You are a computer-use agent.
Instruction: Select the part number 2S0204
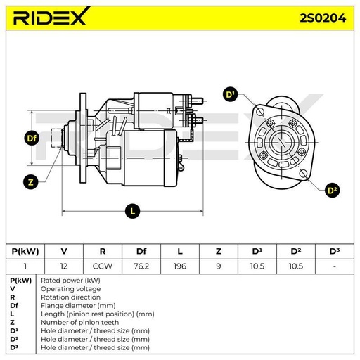click(x=323, y=18)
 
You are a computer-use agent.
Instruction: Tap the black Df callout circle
click(x=32, y=139)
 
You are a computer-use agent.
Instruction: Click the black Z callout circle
click(x=31, y=182)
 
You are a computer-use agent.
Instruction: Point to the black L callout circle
click(x=133, y=211)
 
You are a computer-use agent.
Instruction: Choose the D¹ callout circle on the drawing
click(x=230, y=94)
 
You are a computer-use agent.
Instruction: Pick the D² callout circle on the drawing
click(x=332, y=190)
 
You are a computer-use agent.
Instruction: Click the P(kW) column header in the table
click(x=25, y=251)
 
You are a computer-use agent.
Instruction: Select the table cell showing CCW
click(x=103, y=266)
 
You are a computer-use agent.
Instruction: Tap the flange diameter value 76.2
click(x=141, y=266)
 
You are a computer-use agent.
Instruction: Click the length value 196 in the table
click(x=180, y=266)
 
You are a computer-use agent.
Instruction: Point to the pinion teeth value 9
click(x=219, y=266)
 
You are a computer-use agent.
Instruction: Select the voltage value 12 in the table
click(x=64, y=266)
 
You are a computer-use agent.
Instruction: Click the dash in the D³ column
click(x=335, y=266)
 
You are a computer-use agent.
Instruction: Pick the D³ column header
click(x=335, y=251)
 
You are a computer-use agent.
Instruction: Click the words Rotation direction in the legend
click(x=70, y=297)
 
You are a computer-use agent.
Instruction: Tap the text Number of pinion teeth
click(x=80, y=323)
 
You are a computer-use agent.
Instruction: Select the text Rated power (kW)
click(x=70, y=281)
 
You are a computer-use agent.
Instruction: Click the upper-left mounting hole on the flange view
click(x=260, y=112)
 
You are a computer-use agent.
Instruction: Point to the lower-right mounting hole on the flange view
click(x=304, y=174)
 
